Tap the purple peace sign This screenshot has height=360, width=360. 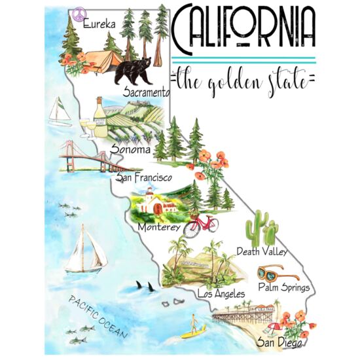pos(79,14)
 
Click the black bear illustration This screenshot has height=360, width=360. pos(135,71)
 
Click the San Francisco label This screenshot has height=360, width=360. pos(143,177)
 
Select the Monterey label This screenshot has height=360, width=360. pos(159,227)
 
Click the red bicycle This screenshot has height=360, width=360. pos(200,226)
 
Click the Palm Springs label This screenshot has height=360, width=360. pos(284,287)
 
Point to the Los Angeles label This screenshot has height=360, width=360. pos(220,294)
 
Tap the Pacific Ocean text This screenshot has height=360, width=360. pos(99,317)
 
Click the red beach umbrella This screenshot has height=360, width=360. pos(274,326)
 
